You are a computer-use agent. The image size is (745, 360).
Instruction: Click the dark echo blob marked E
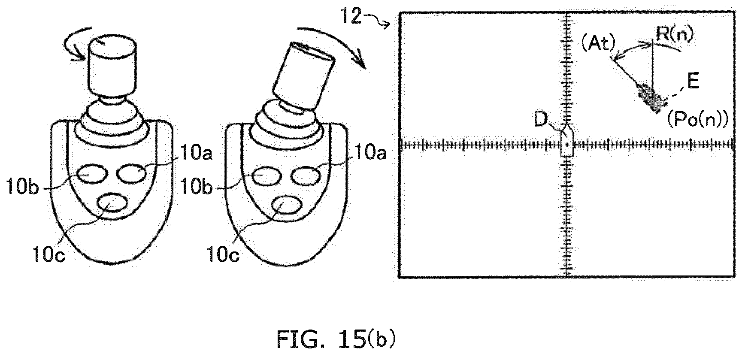coord(652,99)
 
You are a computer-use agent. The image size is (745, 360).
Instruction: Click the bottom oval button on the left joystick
coord(112,203)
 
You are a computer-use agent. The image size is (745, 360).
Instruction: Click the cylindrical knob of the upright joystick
coord(112,65)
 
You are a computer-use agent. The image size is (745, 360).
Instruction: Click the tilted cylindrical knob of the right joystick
coord(304,76)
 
